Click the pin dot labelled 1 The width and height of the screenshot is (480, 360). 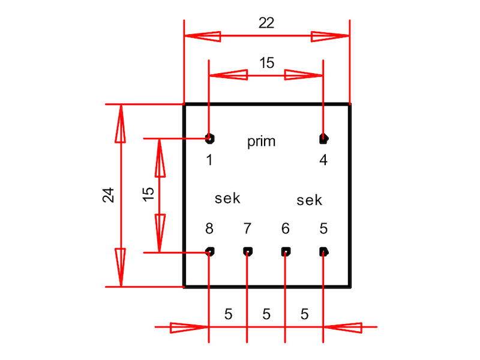(209, 139)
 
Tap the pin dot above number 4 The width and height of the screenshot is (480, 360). (323, 139)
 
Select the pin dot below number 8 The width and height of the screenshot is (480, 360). (209, 251)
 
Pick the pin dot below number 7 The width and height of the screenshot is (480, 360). (247, 251)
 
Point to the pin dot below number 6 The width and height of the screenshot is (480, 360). (286, 251)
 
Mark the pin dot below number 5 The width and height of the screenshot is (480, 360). (323, 251)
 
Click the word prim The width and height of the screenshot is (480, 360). (262, 142)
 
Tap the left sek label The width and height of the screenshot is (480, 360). (227, 198)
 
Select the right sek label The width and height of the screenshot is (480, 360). (310, 200)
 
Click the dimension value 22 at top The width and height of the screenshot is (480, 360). (266, 23)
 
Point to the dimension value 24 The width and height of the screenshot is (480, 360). (109, 195)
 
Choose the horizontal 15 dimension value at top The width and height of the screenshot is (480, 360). (266, 63)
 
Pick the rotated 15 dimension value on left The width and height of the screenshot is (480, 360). (148, 193)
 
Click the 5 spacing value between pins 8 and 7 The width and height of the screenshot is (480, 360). (228, 314)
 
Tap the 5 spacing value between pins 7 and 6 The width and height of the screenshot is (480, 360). (266, 314)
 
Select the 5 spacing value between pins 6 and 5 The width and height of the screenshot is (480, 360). (304, 314)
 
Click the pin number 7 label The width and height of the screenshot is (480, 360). (247, 229)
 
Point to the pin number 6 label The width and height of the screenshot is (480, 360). (286, 229)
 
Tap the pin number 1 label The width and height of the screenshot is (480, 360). (209, 160)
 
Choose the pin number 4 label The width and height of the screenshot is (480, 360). (323, 160)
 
